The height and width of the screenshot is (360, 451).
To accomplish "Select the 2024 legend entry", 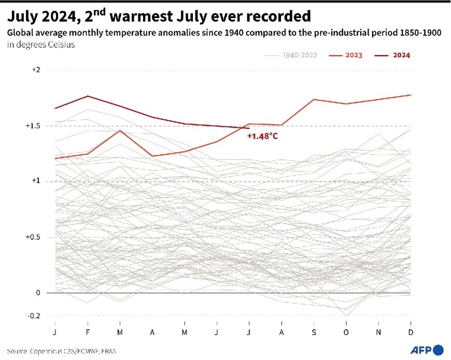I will tap(401, 55).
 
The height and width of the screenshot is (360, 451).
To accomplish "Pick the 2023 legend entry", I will tap(353, 55).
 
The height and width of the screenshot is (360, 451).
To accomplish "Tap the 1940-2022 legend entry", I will tap(300, 55).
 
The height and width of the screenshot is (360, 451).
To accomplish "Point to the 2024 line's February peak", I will tap(88, 96).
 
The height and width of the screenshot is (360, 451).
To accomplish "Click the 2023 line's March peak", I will tap(120, 131).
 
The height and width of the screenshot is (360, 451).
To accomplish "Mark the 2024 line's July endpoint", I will tap(249, 128).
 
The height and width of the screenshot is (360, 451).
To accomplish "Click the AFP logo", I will tap(426, 350).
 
